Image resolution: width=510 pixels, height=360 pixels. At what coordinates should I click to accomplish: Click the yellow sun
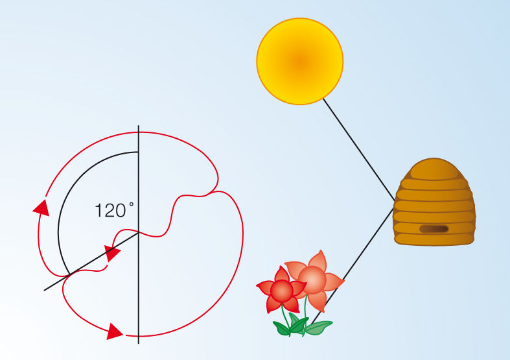(x=299, y=61)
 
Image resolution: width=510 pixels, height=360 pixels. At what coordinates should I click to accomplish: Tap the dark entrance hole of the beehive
(x=434, y=229)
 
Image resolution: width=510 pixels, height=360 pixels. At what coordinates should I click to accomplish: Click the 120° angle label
(x=114, y=210)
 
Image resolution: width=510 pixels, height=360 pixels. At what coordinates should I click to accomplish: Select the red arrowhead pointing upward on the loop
(x=41, y=207)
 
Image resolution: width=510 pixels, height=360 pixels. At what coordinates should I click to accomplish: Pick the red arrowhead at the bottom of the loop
(x=115, y=332)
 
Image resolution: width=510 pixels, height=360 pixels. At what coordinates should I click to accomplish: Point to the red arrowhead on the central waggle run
(x=113, y=252)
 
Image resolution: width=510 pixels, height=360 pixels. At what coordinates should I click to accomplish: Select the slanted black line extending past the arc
(x=55, y=283)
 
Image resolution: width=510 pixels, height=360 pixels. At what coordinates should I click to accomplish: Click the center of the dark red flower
(x=282, y=291)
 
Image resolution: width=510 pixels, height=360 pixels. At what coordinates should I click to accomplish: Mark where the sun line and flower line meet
(x=394, y=202)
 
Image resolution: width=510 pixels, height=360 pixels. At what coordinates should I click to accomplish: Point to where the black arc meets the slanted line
(x=69, y=274)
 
